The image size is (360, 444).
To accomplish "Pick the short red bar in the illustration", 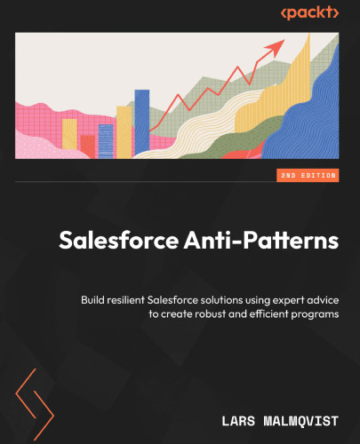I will pos(87,145).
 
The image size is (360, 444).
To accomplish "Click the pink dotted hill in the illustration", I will pos(36,147).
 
